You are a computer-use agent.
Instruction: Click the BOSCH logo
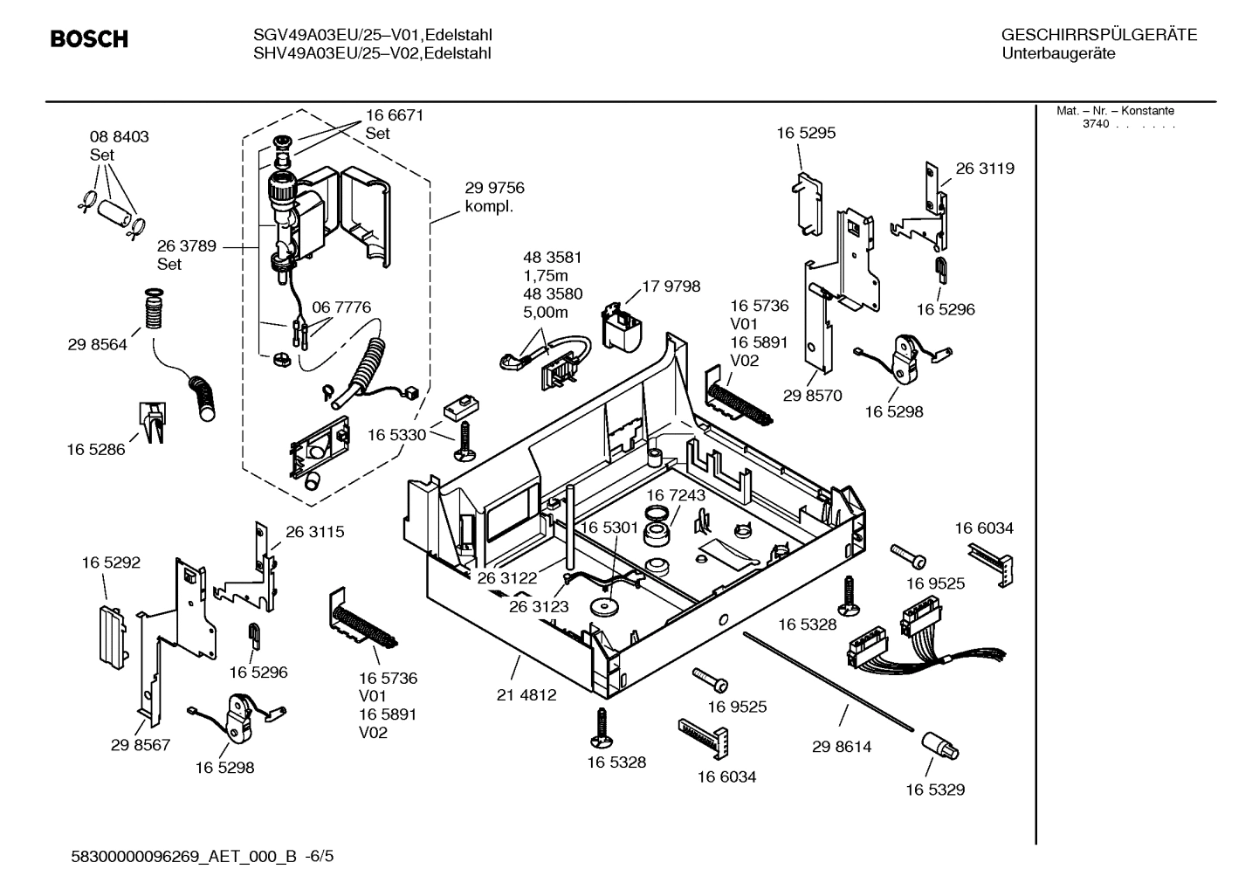click(x=89, y=39)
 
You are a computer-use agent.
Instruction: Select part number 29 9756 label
click(x=494, y=189)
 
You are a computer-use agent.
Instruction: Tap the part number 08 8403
click(x=119, y=137)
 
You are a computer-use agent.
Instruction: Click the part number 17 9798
click(x=671, y=286)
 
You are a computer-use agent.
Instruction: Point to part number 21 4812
click(x=526, y=695)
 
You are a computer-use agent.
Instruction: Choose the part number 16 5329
click(x=934, y=790)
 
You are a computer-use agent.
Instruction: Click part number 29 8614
click(x=841, y=747)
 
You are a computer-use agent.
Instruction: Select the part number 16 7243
click(x=676, y=495)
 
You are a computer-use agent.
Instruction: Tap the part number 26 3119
click(x=985, y=169)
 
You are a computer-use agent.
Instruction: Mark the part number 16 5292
click(x=111, y=563)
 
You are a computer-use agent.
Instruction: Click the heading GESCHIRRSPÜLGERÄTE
click(x=1098, y=36)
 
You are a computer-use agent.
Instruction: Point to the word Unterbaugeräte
click(x=1057, y=54)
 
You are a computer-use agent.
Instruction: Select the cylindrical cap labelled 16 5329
click(x=939, y=748)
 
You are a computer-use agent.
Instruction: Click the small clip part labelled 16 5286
click(x=152, y=422)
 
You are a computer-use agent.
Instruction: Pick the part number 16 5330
click(x=396, y=435)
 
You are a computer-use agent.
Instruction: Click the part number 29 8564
click(x=97, y=345)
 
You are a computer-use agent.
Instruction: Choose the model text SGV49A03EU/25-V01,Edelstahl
click(x=366, y=36)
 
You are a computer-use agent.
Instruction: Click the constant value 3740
click(x=1095, y=124)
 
